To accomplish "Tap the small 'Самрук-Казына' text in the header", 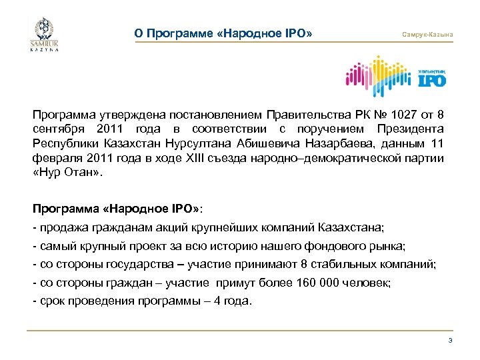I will (428, 34).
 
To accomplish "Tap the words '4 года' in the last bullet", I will (233, 300).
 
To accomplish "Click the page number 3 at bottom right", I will (451, 341).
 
